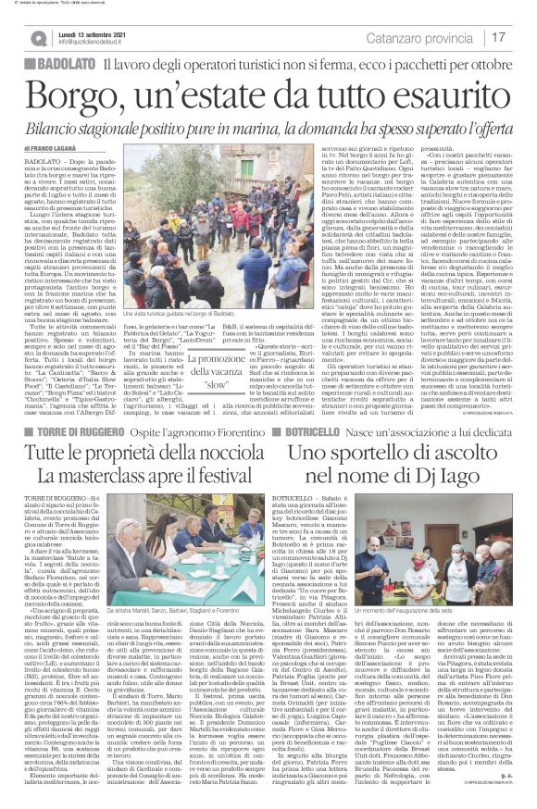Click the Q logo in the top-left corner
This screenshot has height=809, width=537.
[x=38, y=38]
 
